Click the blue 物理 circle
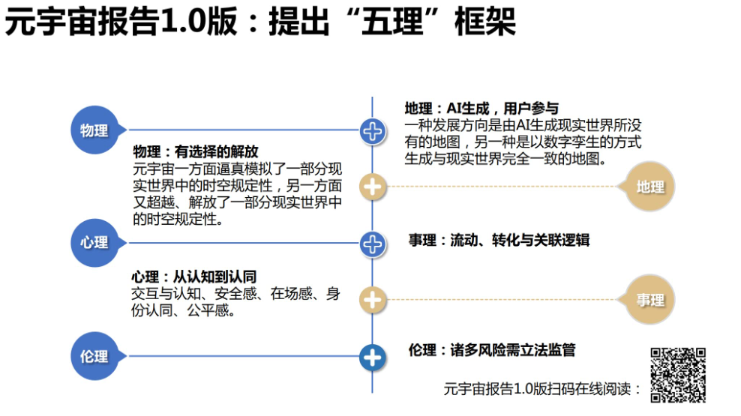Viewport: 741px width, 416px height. point(94,130)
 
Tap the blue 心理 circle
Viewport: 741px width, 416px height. point(94,242)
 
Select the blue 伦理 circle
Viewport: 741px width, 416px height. point(94,356)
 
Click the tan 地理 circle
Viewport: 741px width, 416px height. point(650,187)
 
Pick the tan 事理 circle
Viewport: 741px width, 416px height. point(650,300)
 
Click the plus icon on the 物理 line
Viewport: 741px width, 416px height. point(372,132)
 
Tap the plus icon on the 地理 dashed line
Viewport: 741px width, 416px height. point(372,187)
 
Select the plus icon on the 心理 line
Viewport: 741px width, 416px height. point(372,243)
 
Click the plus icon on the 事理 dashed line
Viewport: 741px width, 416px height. point(372,300)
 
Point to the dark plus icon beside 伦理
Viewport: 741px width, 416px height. point(372,358)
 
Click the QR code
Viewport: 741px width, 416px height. point(677,375)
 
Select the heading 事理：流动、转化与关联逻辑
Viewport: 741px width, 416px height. point(499,241)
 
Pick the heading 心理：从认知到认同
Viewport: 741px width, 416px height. point(193,277)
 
